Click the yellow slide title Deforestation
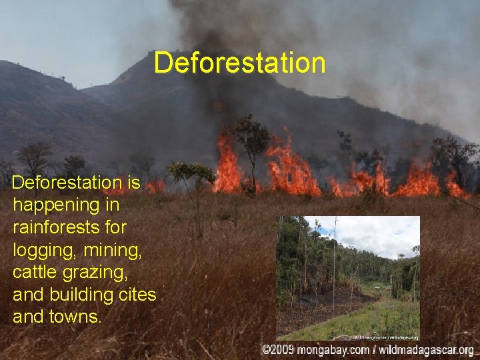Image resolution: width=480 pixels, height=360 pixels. click(239, 63)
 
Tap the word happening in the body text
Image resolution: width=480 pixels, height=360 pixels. click(53, 205)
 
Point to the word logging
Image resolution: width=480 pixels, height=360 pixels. click(39, 250)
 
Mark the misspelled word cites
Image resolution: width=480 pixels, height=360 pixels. click(136, 294)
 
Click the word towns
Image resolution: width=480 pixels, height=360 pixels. click(78, 317)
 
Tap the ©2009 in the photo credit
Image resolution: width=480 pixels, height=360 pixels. click(278, 350)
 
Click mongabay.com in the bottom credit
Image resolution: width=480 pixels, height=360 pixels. click(329, 350)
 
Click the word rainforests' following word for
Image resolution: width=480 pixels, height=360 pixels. click(115, 227)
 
